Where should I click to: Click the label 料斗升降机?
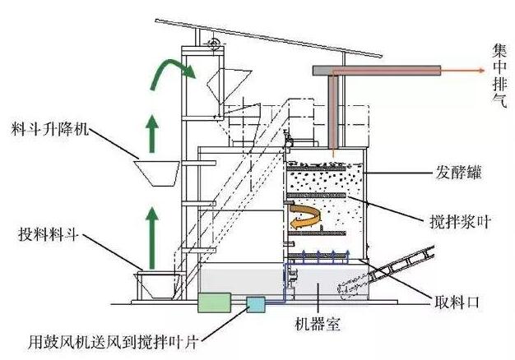(52, 132)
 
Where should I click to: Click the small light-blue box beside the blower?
(256, 304)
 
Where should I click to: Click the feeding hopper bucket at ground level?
(156, 284)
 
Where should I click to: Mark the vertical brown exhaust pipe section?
(333, 115)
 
